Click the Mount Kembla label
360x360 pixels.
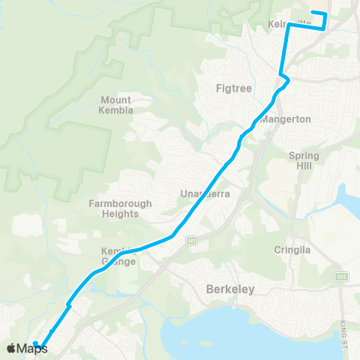click(115, 105)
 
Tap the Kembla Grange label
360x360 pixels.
click(118, 256)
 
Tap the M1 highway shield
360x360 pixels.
click(192, 241)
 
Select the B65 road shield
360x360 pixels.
click(341, 277)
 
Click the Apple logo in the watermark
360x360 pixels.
click(11, 348)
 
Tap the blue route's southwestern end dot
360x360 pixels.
click(35, 344)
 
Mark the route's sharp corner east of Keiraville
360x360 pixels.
click(324, 28)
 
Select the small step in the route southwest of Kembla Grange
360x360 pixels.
click(68, 304)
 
